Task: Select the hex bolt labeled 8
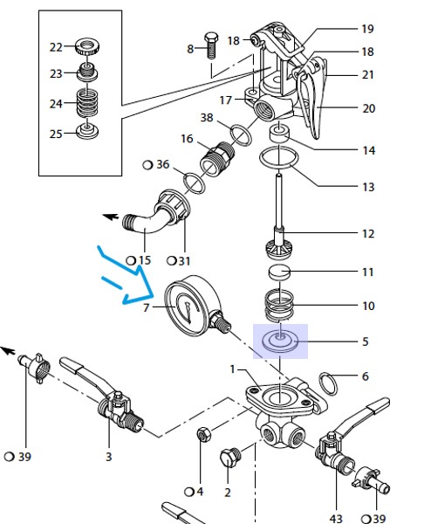(211, 45)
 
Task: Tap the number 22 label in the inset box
(56, 47)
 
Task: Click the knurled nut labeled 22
(86, 46)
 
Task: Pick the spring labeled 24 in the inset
(87, 102)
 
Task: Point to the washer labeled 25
(87, 131)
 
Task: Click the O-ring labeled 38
(241, 135)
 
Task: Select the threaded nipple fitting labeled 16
(217, 158)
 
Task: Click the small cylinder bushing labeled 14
(279, 133)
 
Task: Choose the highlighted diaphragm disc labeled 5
(280, 341)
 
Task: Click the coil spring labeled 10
(279, 305)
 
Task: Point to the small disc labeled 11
(280, 272)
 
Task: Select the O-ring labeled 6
(329, 384)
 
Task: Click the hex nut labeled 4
(203, 434)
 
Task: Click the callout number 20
(369, 108)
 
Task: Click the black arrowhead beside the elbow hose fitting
(111, 217)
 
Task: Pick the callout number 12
(368, 233)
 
